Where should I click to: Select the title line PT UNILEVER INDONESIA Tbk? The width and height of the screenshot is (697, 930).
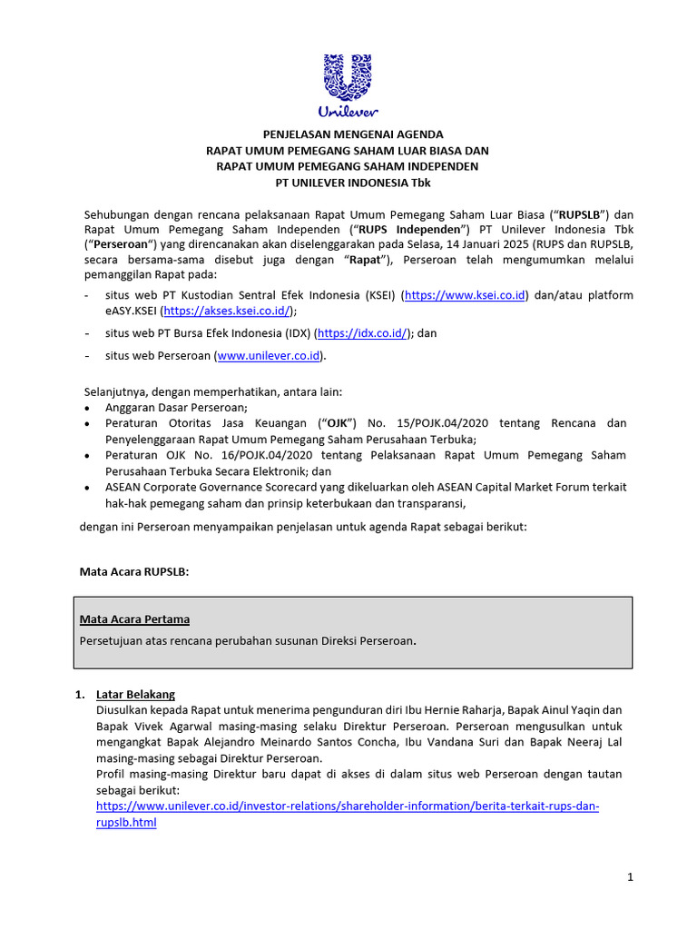point(348,183)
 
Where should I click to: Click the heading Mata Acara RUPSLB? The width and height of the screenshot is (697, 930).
point(135,570)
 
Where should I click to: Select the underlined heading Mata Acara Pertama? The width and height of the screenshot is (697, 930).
point(135,619)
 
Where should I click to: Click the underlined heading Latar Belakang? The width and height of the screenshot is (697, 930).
point(135,695)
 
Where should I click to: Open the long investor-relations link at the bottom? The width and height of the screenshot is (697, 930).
point(348,806)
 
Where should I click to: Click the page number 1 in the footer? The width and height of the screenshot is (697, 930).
point(629,876)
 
